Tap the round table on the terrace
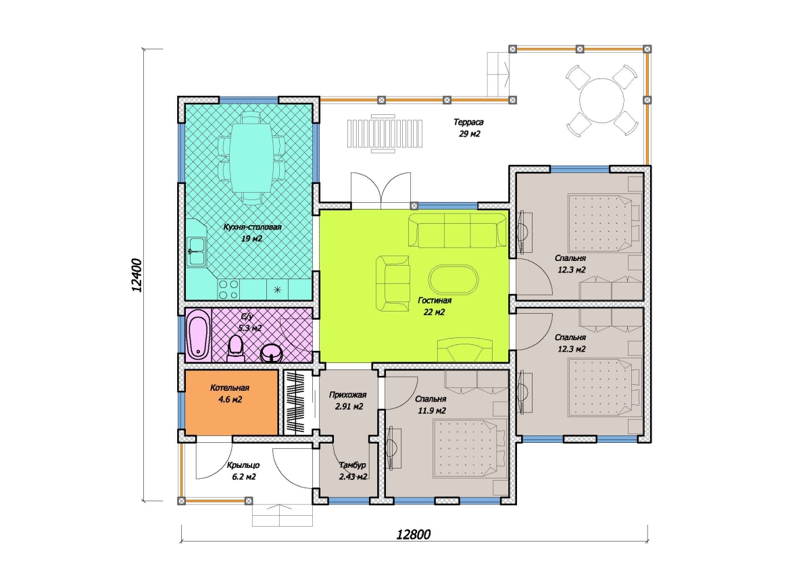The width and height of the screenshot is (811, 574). (x=601, y=100)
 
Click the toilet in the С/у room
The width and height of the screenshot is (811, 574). (x=236, y=348)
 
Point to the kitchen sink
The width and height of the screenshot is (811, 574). (x=196, y=252)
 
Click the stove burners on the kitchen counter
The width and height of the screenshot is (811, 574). (x=228, y=290)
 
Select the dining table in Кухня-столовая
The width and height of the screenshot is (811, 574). (x=251, y=158)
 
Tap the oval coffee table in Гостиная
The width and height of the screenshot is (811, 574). (x=453, y=280)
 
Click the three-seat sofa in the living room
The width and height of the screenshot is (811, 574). (x=458, y=231)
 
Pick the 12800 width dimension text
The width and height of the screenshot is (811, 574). (x=413, y=535)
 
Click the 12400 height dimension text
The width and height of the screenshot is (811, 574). (x=137, y=275)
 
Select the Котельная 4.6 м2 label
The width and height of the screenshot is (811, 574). (x=230, y=394)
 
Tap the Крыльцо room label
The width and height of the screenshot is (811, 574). (x=243, y=465)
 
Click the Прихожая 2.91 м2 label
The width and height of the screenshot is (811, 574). (x=348, y=400)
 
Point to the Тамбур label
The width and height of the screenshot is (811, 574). (x=353, y=464)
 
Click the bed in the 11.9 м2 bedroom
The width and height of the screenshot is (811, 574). (x=469, y=449)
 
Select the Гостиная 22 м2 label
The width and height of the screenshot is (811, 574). (x=435, y=306)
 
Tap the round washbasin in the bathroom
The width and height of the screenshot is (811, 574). (x=272, y=353)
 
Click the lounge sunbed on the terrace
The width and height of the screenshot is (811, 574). (x=385, y=134)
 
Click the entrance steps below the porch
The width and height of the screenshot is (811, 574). (x=282, y=515)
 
